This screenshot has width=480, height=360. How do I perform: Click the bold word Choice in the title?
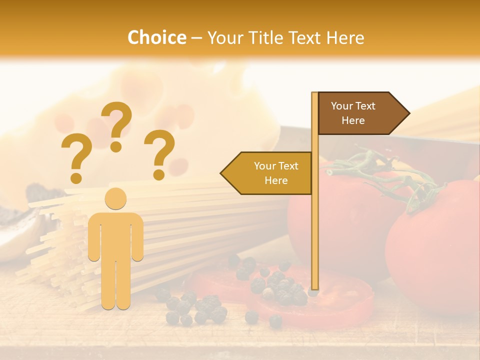point(156,37)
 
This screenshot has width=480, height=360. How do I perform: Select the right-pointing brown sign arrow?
point(362,113)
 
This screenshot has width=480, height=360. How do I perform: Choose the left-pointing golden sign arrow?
point(267,173)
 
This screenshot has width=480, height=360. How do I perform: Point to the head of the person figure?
point(115,198)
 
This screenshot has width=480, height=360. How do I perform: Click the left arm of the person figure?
point(93,237)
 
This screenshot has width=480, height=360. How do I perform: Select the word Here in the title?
point(345,37)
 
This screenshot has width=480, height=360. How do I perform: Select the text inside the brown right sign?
point(353,113)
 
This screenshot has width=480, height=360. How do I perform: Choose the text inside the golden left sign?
point(275,173)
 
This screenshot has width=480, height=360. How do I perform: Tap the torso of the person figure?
point(115,235)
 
